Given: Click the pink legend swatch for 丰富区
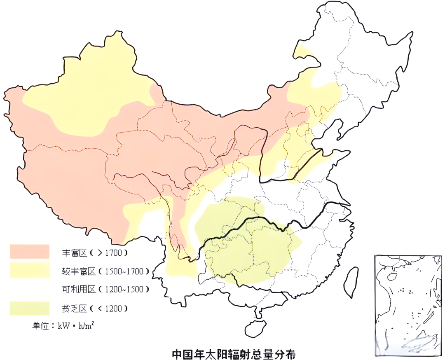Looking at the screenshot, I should click(x=30, y=252).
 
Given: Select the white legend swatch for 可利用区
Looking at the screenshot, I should click(x=30, y=289).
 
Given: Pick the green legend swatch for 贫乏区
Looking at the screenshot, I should click(x=30, y=308).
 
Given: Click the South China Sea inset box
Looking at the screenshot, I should click(x=408, y=305).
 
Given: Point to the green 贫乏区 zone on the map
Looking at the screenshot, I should click(x=243, y=243).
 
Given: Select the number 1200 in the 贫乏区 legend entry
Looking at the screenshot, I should click(x=114, y=309).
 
